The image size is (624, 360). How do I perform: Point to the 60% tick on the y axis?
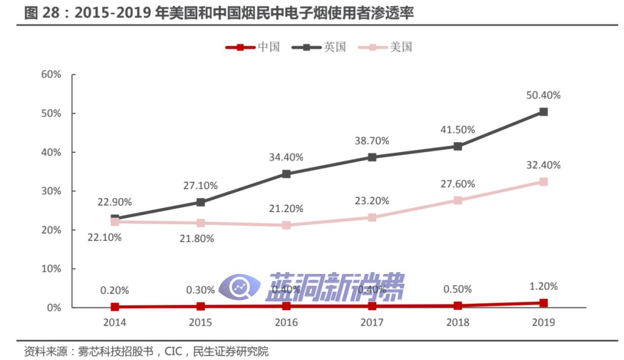click(x=51, y=75)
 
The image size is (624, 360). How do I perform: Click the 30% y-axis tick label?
click(x=51, y=191)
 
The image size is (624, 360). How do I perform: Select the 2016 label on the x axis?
click(x=287, y=322)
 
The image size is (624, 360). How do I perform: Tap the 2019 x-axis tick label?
click(x=543, y=322)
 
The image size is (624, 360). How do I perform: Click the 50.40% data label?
click(x=543, y=95)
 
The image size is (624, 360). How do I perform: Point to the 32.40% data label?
click(x=543, y=165)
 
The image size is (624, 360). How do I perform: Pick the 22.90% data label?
click(x=114, y=202)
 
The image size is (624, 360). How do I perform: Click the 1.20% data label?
click(x=543, y=286)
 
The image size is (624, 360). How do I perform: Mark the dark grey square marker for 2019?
click(x=543, y=112)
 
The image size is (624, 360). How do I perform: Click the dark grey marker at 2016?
click(x=287, y=174)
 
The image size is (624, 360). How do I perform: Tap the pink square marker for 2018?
click(x=458, y=201)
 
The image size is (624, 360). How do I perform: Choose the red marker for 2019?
click(x=543, y=303)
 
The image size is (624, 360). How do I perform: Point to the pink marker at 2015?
click(x=200, y=223)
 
